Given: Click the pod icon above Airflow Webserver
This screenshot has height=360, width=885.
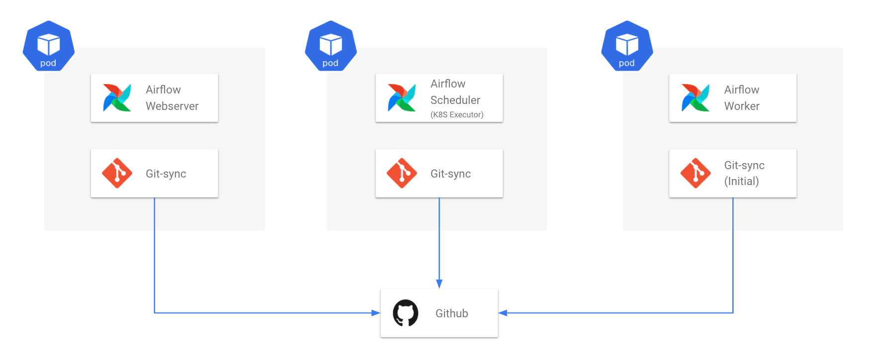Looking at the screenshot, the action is pyautogui.click(x=49, y=46).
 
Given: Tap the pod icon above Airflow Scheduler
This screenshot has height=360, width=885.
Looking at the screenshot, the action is pyautogui.click(x=331, y=46).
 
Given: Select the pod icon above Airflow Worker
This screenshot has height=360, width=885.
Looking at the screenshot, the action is pyautogui.click(x=627, y=46).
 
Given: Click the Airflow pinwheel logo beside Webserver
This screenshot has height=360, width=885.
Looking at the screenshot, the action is pyautogui.click(x=117, y=97).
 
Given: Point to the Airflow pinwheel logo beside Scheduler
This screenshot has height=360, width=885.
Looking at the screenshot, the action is pyautogui.click(x=402, y=97).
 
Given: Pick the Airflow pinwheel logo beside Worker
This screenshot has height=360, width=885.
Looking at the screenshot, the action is pyautogui.click(x=696, y=97).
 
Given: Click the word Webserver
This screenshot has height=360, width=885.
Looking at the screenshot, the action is pyautogui.click(x=172, y=106).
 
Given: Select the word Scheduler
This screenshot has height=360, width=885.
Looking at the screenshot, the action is pyautogui.click(x=455, y=100).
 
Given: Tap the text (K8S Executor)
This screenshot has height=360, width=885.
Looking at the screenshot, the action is pyautogui.click(x=457, y=114).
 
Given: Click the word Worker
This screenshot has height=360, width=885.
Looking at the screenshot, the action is pyautogui.click(x=742, y=106).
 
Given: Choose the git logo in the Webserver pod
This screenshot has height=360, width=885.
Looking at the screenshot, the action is pyautogui.click(x=117, y=173).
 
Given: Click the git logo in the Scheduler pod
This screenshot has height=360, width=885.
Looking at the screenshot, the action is pyautogui.click(x=402, y=173).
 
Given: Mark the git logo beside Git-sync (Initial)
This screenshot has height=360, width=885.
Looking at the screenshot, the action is pyautogui.click(x=696, y=173).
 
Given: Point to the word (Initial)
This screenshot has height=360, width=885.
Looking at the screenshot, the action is pyautogui.click(x=741, y=181).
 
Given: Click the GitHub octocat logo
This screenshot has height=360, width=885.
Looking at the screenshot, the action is pyautogui.click(x=406, y=313).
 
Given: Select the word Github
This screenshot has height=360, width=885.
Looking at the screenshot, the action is pyautogui.click(x=452, y=313).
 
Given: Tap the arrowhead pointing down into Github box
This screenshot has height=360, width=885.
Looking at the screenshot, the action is pyautogui.click(x=439, y=284).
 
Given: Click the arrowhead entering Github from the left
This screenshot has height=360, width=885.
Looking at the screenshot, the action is pyautogui.click(x=376, y=313).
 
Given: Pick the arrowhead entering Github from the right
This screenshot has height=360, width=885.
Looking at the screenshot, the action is pyautogui.click(x=503, y=313).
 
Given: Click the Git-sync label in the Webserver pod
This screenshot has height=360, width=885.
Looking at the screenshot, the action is pyautogui.click(x=166, y=174).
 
